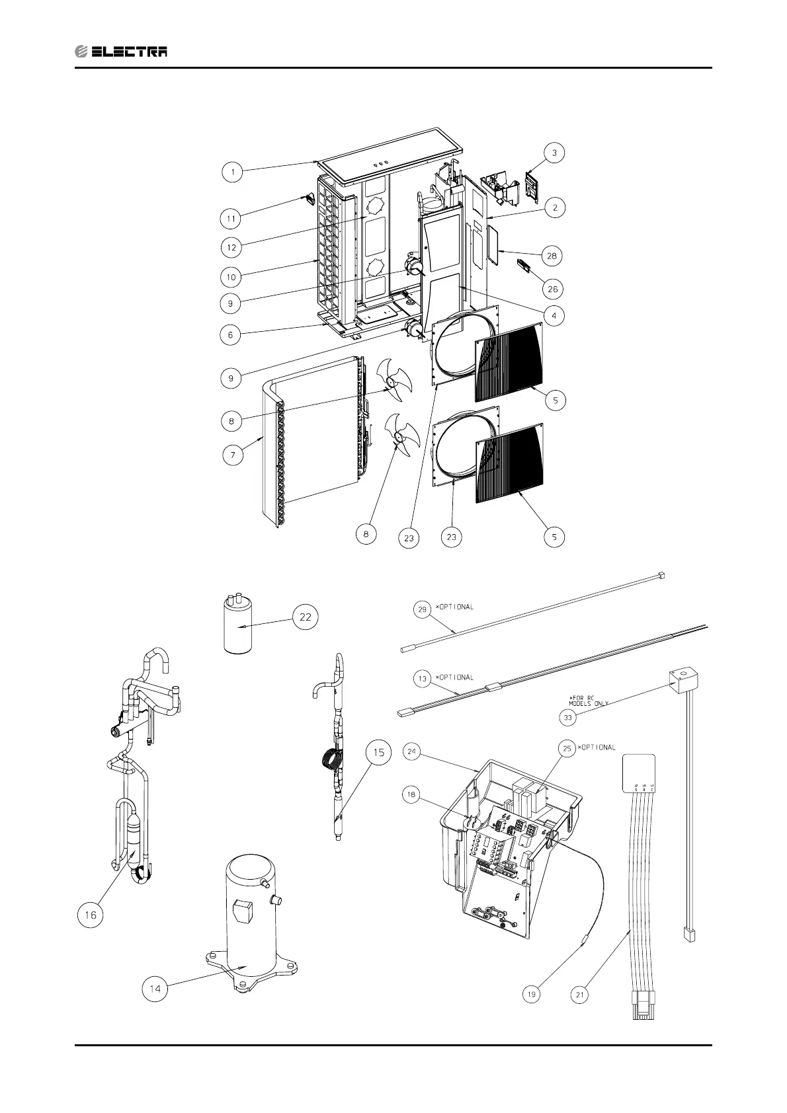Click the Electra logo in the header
[120, 52]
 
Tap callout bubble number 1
[233, 173]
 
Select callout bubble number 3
[554, 153]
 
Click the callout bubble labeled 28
[552, 255]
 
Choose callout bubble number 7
[233, 455]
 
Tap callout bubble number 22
[306, 617]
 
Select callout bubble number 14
[155, 989]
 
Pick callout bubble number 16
[90, 915]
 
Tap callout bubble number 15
[378, 753]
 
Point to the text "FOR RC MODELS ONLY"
[589, 701]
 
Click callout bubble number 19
[532, 994]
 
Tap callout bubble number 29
[423, 610]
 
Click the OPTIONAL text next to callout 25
[597, 748]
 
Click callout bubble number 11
[231, 217]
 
